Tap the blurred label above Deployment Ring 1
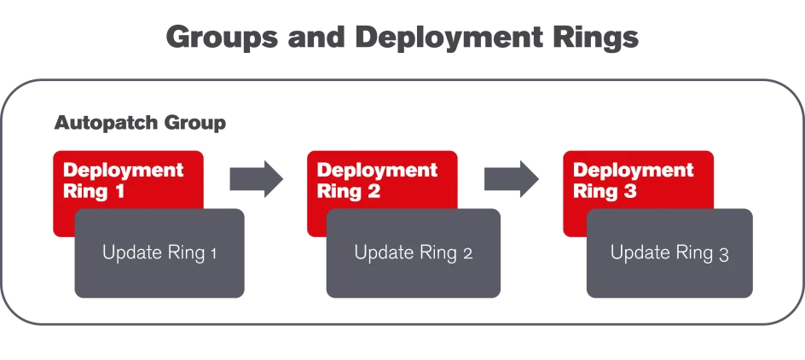point(142,121)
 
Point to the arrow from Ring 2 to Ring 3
point(514,178)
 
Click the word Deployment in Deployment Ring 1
point(124,170)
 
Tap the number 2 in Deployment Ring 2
point(374,191)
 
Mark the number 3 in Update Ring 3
point(723,253)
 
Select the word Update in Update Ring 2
point(381,253)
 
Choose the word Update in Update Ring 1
point(128,253)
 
